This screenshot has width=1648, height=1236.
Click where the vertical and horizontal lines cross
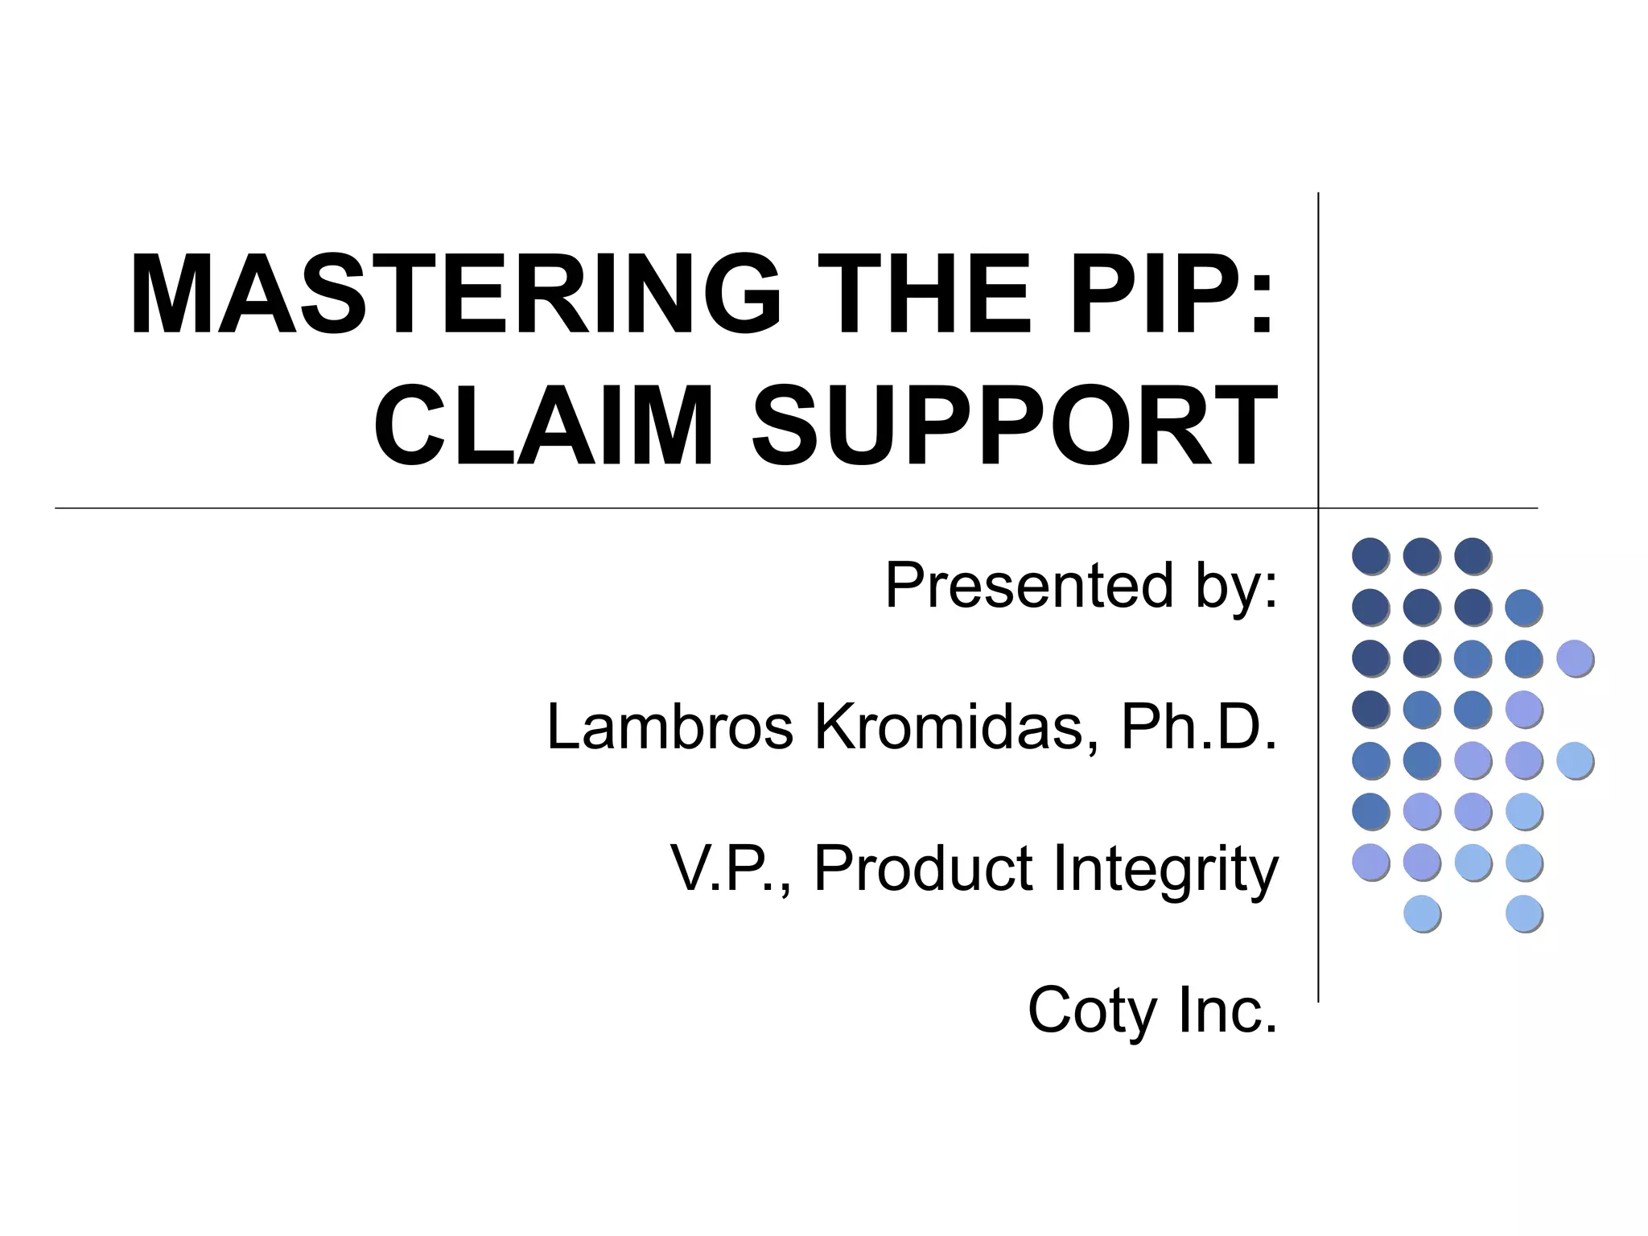click(1318, 509)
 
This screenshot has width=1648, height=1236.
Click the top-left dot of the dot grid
click(1371, 556)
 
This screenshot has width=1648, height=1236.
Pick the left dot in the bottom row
click(1423, 914)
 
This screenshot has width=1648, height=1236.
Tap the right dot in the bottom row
click(1524, 914)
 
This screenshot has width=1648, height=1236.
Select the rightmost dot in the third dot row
click(1576, 658)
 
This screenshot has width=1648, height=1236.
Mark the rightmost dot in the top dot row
click(1473, 556)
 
